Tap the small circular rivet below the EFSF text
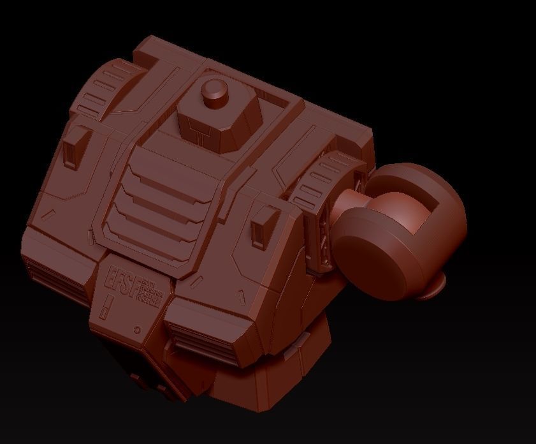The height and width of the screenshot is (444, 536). pyautogui.click(x=138, y=330)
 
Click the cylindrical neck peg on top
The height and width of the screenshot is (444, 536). pyautogui.click(x=215, y=91)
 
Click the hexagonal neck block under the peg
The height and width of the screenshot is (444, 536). pyautogui.click(x=220, y=121)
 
